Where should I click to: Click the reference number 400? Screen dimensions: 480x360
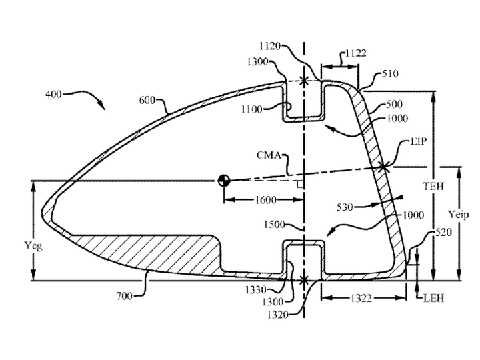[53, 94]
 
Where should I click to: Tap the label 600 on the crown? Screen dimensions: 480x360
[147, 100]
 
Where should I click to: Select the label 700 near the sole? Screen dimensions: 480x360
[124, 296]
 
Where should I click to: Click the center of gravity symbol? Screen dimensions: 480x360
[224, 181]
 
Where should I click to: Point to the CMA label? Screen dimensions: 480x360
[269, 155]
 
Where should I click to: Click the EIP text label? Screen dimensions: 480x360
[418, 141]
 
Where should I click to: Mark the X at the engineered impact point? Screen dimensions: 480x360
[383, 167]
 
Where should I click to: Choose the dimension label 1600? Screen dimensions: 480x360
[265, 200]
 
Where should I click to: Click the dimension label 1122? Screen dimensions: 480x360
[356, 53]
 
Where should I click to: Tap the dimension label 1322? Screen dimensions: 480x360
[361, 298]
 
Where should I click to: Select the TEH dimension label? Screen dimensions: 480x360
[433, 186]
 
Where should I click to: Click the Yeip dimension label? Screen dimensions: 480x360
[459, 215]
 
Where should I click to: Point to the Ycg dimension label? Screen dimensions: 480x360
[33, 245]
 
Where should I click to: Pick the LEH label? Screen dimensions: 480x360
[433, 298]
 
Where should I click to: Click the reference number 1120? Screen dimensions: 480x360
[270, 46]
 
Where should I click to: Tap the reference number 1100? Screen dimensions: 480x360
[251, 109]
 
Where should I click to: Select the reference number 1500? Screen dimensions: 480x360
[274, 225]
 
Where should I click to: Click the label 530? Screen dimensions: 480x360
[345, 207]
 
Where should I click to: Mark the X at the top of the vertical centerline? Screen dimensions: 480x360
[304, 81]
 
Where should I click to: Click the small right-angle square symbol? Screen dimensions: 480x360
[300, 184]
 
